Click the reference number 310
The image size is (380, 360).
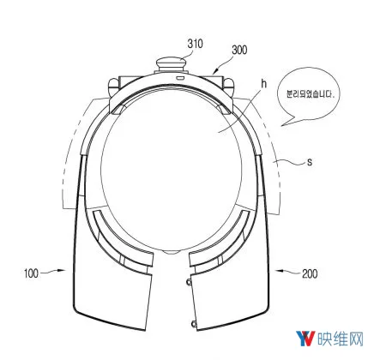point(196,44)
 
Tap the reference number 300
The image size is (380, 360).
point(239,50)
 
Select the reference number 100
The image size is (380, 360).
point(31,273)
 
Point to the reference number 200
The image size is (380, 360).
point(310,273)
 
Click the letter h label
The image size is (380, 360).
point(263,84)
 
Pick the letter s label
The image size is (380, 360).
point(310,162)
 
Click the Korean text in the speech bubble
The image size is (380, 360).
point(311,93)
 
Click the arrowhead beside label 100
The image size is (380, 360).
point(61,270)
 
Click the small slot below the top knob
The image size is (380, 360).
point(180,78)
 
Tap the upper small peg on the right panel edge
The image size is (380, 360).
point(189,282)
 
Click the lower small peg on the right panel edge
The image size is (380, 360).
point(194,324)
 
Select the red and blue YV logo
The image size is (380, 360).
point(305,339)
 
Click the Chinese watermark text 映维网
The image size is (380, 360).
point(341,339)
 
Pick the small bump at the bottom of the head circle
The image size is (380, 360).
point(171,252)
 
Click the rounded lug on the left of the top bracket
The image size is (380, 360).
point(112,87)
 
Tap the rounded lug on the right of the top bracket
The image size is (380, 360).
point(229,87)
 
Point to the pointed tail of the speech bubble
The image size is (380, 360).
point(281,125)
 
